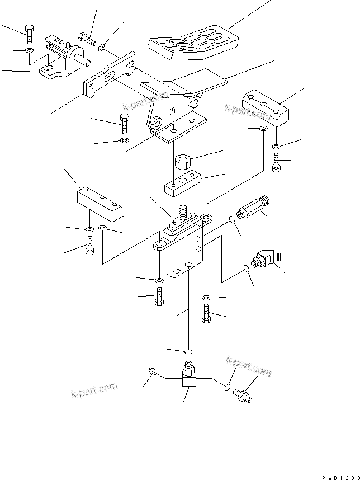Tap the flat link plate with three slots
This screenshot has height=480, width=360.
111,77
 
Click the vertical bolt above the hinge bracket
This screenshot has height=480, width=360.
29,34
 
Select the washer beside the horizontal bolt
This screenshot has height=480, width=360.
102,48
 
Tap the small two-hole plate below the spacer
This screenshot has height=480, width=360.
182,182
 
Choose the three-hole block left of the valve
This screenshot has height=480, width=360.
100,203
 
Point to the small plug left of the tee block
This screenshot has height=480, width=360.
153,370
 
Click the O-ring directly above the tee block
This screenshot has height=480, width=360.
188,351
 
